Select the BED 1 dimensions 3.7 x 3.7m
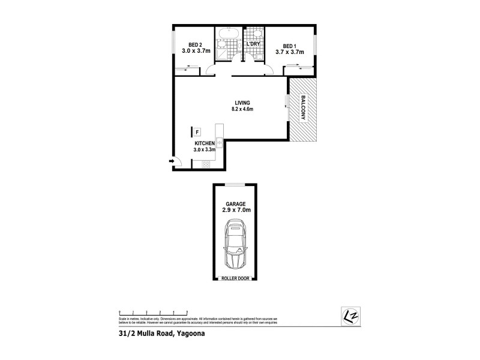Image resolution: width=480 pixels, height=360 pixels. point(290,52)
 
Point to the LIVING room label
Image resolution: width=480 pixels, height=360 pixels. point(243,102)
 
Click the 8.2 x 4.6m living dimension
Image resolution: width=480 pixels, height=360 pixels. point(243,109)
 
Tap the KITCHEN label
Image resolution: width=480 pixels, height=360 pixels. point(204,144)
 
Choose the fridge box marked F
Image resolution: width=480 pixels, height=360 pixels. point(197,131)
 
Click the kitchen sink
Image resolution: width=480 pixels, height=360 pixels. point(220,142)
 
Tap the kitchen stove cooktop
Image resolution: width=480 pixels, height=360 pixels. point(220,127)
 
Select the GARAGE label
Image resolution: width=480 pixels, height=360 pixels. point(235,203)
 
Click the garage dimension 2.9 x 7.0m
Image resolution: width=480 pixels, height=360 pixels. point(235,211)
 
